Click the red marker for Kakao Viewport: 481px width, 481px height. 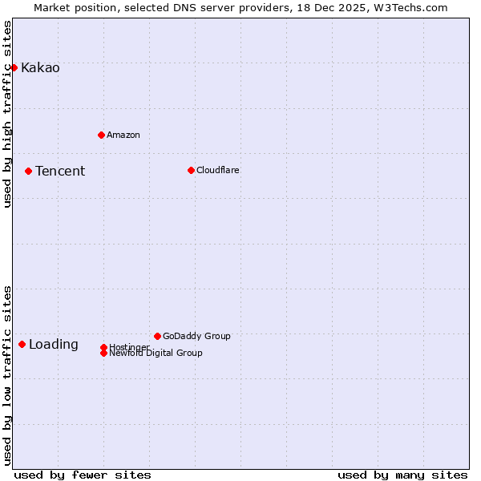pyautogui.click(x=14, y=67)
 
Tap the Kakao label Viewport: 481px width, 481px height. pyautogui.click(x=40, y=68)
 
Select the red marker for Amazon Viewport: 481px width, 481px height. pyautogui.click(x=101, y=135)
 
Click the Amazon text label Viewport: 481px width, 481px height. pyautogui.click(x=123, y=135)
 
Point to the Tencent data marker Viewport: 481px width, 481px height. pyautogui.click(x=28, y=171)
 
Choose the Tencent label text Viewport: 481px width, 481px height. pyautogui.click(x=60, y=172)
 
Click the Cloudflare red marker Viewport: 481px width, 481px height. pyautogui.click(x=191, y=170)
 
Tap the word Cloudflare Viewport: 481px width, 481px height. pyautogui.click(x=218, y=171)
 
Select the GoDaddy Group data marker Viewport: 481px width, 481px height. pyautogui.click(x=157, y=336)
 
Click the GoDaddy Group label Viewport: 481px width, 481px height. pyautogui.click(x=196, y=337)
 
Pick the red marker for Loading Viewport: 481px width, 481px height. pyautogui.click(x=22, y=344)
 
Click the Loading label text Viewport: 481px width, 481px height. pyautogui.click(x=54, y=345)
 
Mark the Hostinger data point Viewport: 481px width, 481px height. pyautogui.click(x=103, y=347)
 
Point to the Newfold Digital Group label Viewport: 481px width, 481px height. pyautogui.click(x=156, y=354)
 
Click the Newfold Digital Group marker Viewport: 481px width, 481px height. pyautogui.click(x=103, y=354)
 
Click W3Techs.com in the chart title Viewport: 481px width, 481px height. pyautogui.click(x=409, y=8)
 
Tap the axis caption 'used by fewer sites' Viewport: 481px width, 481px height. pyautogui.click(x=83, y=475)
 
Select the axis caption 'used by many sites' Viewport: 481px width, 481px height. pyautogui.click(x=402, y=475)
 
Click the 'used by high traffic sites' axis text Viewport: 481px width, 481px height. pyautogui.click(x=8, y=114)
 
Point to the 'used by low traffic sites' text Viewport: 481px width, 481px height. pyautogui.click(x=8, y=375)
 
